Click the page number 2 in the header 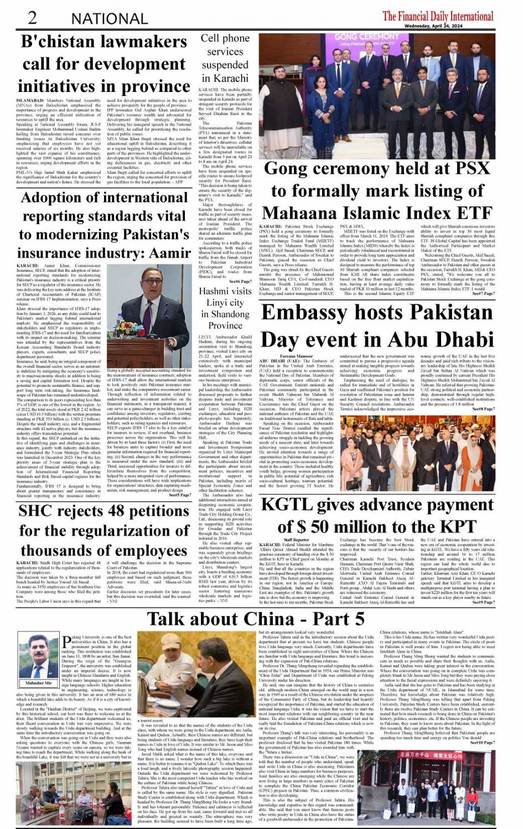click(x=32, y=17)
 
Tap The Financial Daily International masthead click(x=430, y=15)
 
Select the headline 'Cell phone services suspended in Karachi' click(x=225, y=58)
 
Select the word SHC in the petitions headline click(x=38, y=510)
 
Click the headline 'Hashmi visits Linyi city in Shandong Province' click(x=225, y=308)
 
